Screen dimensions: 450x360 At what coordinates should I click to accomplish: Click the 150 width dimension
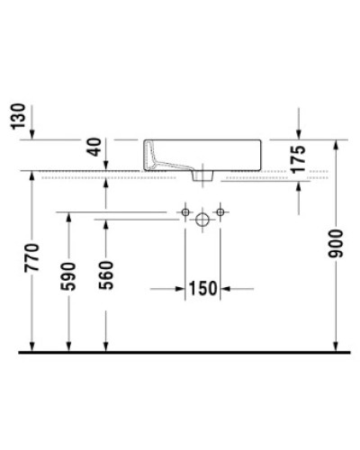click(x=203, y=289)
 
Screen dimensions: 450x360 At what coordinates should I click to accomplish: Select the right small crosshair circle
click(x=219, y=212)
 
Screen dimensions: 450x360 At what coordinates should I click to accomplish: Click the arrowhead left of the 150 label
click(x=180, y=289)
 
